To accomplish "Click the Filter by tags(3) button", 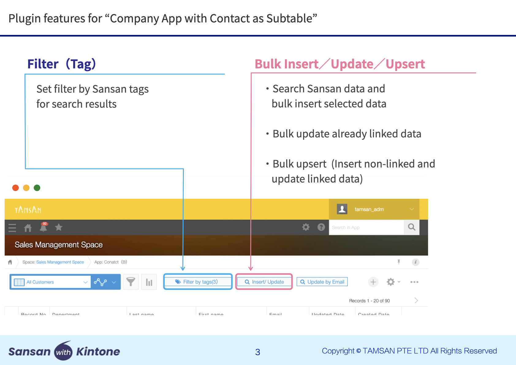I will click(x=198, y=282).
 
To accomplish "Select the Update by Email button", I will click(x=322, y=282).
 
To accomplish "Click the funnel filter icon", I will click(x=131, y=282).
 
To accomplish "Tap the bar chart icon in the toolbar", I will click(x=149, y=282).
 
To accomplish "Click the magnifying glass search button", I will click(x=412, y=227).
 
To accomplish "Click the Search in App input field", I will click(x=366, y=227).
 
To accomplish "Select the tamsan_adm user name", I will click(x=369, y=209).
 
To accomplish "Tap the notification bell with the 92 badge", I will click(x=44, y=227).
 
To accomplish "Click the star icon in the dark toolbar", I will click(x=59, y=227).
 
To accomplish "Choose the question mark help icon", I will click(x=321, y=227).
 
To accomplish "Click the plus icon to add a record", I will click(x=373, y=282).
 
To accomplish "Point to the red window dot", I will click(x=16, y=188).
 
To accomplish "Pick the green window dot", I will click(x=37, y=188).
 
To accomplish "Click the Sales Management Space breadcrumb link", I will click(x=60, y=262).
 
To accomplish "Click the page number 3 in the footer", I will click(x=258, y=352).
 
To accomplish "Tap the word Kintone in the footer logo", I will click(x=98, y=352).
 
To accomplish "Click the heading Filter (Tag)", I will click(x=62, y=64).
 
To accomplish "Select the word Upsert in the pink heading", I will click(x=405, y=64).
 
